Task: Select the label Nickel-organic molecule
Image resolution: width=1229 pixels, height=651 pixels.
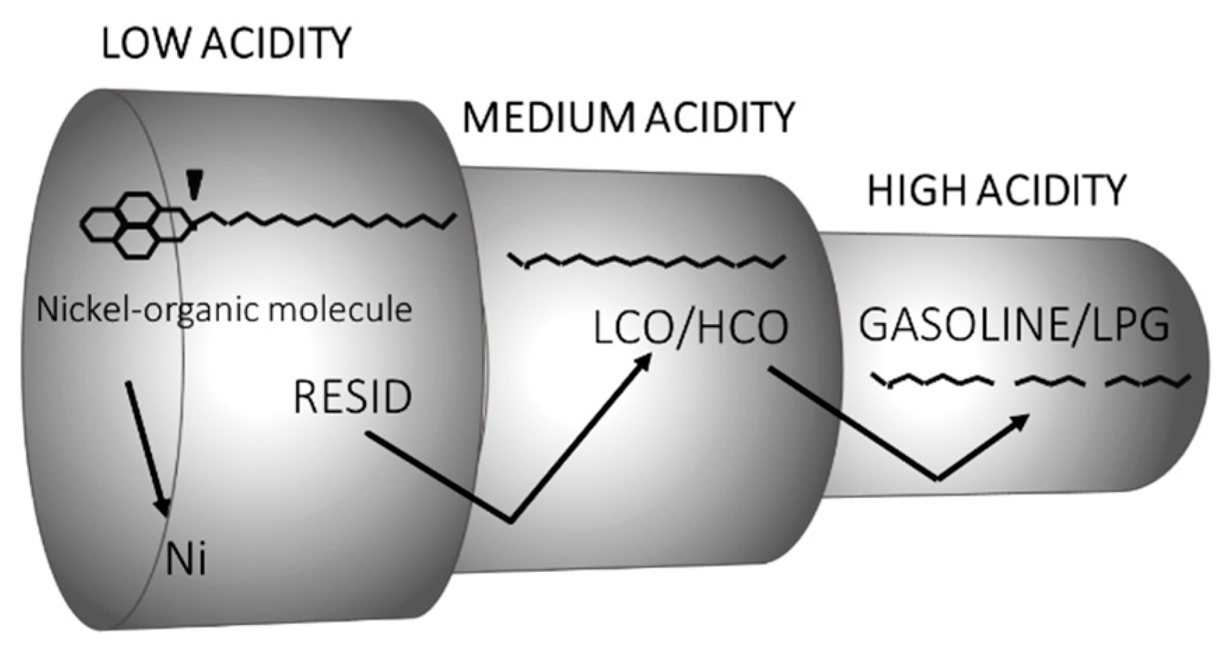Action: click(224, 309)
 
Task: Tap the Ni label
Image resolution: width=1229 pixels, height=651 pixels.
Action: click(186, 560)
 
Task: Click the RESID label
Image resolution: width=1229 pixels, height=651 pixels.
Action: click(353, 396)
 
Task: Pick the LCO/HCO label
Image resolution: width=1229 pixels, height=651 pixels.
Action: click(690, 327)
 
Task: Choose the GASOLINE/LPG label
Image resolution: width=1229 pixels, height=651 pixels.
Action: click(1014, 324)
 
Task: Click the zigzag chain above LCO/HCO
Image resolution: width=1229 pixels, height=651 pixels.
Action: click(647, 261)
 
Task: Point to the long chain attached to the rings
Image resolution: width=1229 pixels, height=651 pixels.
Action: click(329, 220)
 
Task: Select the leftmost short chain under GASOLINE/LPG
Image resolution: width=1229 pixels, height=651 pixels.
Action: click(932, 381)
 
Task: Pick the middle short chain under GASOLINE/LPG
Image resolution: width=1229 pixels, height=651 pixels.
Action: click(1051, 381)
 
